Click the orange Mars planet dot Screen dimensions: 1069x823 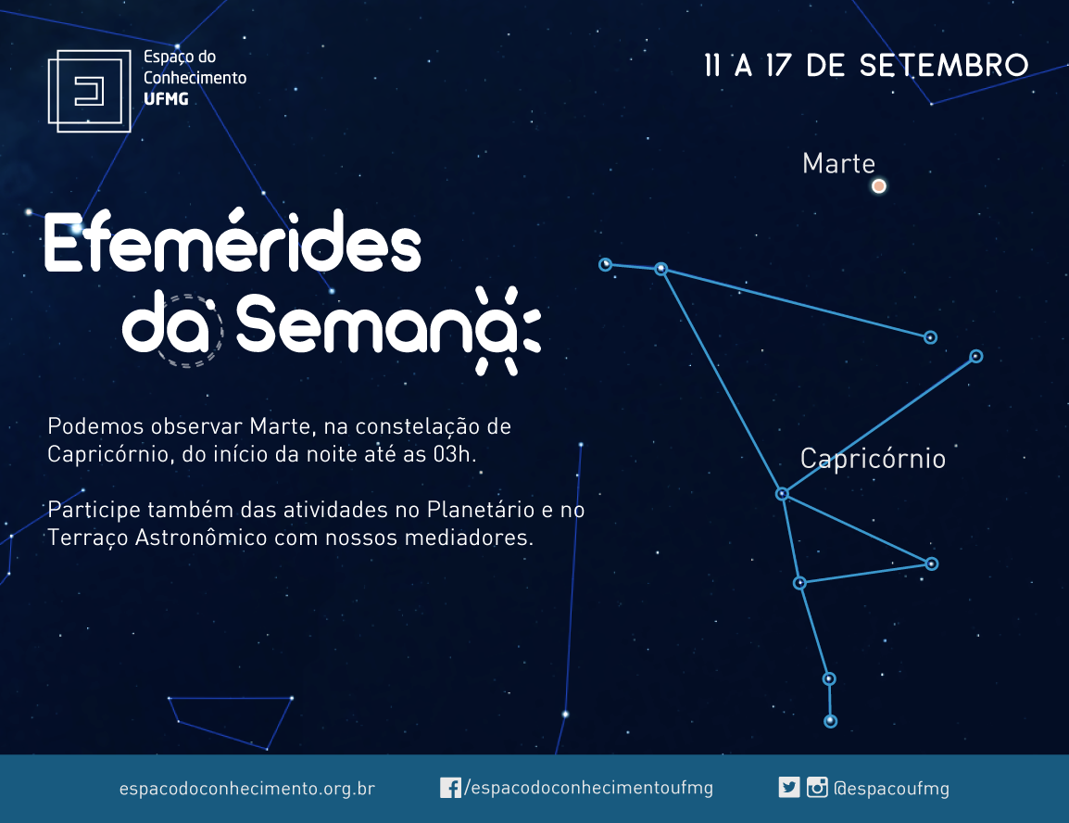coord(879,185)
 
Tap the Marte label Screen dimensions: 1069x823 coord(838,164)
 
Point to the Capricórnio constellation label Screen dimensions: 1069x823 coord(873,458)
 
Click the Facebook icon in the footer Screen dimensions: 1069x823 coord(450,788)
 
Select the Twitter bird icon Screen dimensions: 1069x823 coord(789,788)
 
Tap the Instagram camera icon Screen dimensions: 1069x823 coord(817,788)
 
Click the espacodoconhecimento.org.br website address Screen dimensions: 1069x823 coord(246,788)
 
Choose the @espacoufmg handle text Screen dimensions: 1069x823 coord(892,788)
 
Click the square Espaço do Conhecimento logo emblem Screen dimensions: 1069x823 coord(89,91)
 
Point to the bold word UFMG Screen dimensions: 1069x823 coord(166,99)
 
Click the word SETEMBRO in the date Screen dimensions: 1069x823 coord(944,66)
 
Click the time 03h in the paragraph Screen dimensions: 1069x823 coord(453,454)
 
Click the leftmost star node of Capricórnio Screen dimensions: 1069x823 coord(606,264)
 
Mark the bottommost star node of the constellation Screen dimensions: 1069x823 coord(830,721)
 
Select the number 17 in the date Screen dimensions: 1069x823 coord(778,66)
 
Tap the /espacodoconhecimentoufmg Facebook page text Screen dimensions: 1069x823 coord(588,788)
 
